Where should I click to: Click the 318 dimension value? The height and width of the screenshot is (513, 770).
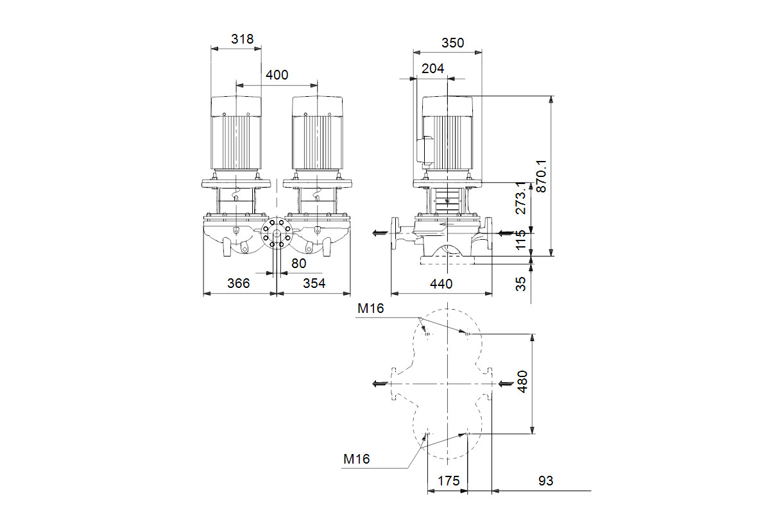(243, 39)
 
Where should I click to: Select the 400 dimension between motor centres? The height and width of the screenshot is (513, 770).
(277, 75)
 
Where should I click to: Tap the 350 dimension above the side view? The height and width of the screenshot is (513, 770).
(453, 43)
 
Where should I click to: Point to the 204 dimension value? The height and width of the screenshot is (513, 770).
(432, 69)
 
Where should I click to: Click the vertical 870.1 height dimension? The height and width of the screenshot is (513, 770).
(541, 176)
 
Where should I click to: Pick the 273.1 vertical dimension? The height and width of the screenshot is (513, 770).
(521, 198)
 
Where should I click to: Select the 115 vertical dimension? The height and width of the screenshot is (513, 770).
(521, 239)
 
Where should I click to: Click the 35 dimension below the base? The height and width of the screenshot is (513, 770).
(521, 284)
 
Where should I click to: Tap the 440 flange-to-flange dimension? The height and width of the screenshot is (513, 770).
(441, 284)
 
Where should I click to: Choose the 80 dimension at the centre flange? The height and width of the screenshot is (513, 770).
(298, 264)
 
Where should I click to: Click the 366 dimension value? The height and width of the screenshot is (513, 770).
(238, 283)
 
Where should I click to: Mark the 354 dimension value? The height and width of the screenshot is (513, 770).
(314, 283)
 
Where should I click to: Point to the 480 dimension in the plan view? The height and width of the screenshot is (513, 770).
(522, 382)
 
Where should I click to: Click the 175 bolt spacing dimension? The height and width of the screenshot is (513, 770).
(449, 481)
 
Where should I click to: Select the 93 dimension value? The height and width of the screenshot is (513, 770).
(545, 481)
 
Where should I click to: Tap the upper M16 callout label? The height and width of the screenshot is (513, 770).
(370, 308)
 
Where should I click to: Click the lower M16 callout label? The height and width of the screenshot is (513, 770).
(357, 459)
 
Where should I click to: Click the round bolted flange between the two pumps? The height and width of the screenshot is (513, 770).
(277, 233)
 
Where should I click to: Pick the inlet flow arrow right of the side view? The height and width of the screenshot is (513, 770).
(506, 233)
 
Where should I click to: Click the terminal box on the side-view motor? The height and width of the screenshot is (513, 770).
(424, 149)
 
